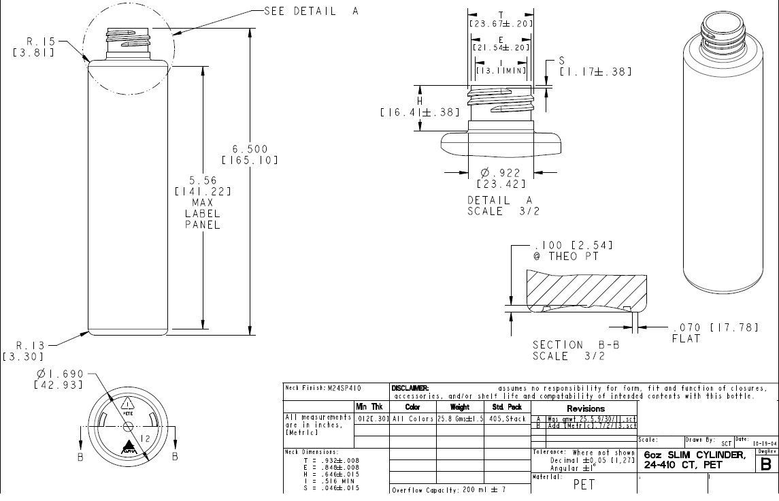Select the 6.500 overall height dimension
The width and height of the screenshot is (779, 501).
pyautogui.click(x=250, y=149)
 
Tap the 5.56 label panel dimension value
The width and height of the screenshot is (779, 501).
pyautogui.click(x=203, y=180)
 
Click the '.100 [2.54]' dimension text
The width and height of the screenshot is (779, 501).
pyautogui.click(x=574, y=245)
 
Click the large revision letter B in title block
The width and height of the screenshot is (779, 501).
pyautogui.click(x=766, y=464)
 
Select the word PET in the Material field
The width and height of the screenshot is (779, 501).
pyautogui.click(x=585, y=485)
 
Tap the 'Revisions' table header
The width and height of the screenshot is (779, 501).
pyautogui.click(x=585, y=408)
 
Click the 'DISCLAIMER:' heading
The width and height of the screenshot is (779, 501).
pyautogui.click(x=410, y=388)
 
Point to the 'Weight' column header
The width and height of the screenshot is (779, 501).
pyautogui.click(x=460, y=406)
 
